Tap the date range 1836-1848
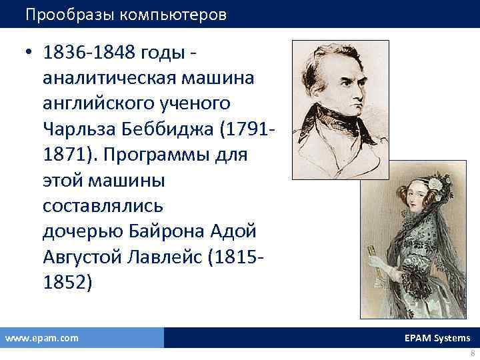87,53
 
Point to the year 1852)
65,282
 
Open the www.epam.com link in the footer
41,338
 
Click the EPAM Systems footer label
437,338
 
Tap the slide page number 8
472,353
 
